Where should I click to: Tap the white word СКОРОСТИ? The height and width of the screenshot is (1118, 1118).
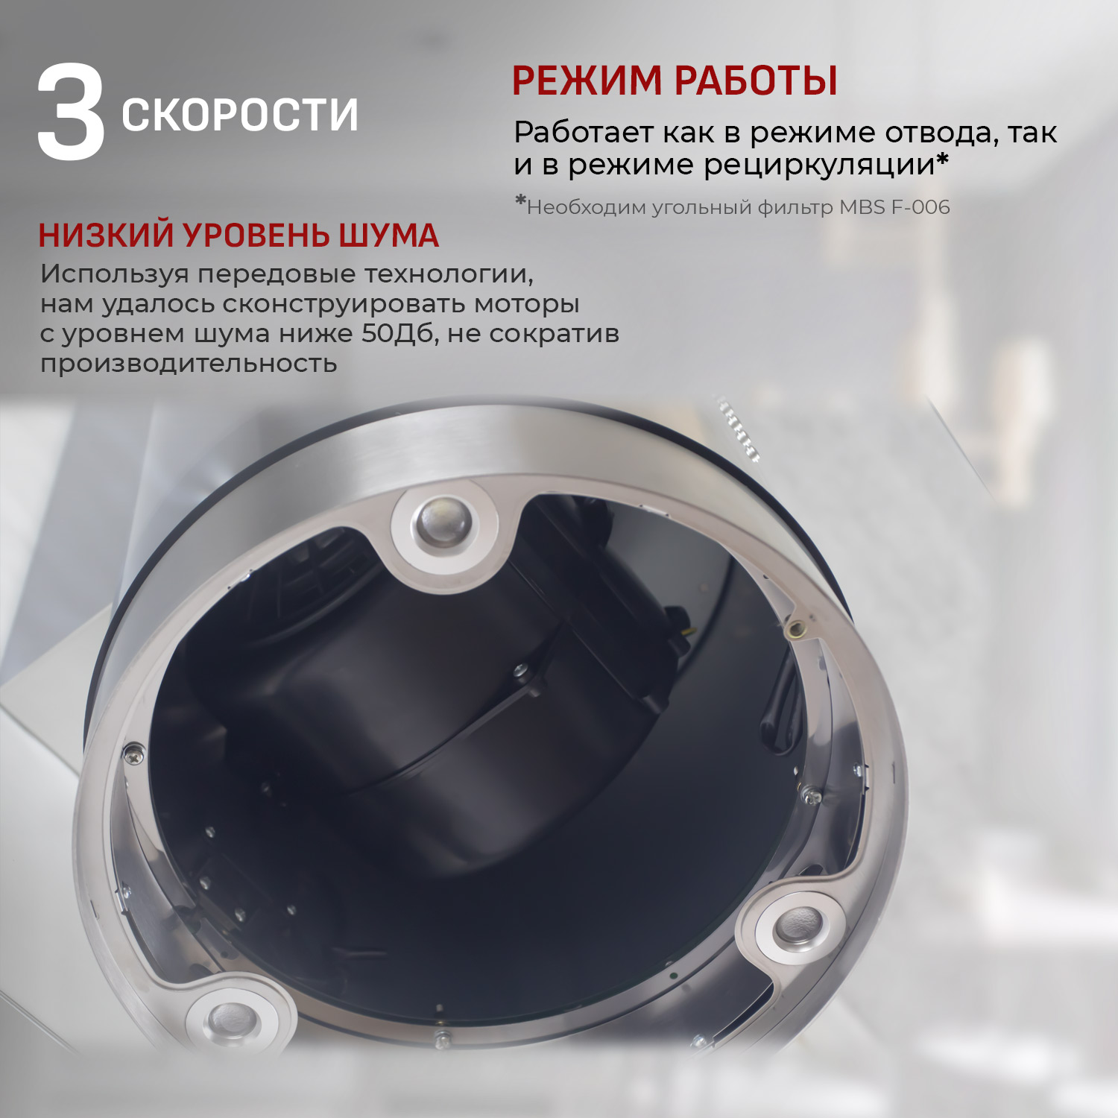[240, 115]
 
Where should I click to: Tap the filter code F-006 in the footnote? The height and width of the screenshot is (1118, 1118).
[921, 207]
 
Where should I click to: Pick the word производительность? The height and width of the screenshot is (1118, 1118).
[189, 364]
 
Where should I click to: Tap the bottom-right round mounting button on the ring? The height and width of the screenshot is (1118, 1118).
[799, 929]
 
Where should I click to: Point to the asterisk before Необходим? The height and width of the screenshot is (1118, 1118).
[520, 201]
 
